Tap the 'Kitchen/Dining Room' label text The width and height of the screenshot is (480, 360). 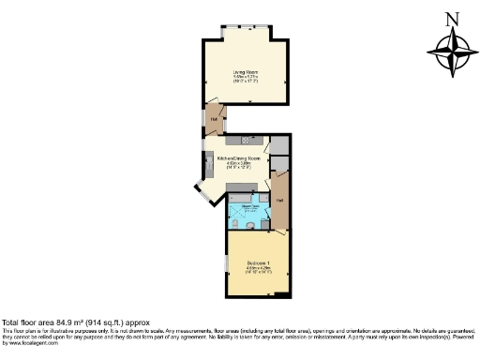(238, 159)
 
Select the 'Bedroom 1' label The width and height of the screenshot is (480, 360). (258, 262)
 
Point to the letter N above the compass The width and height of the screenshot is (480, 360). (452, 19)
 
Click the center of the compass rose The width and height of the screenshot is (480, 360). (452, 52)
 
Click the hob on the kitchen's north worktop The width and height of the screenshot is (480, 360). (235, 139)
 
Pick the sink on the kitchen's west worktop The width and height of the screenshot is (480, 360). (209, 165)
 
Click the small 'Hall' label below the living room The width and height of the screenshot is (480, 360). (214, 119)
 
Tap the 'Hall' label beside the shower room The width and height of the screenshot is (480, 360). (279, 201)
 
